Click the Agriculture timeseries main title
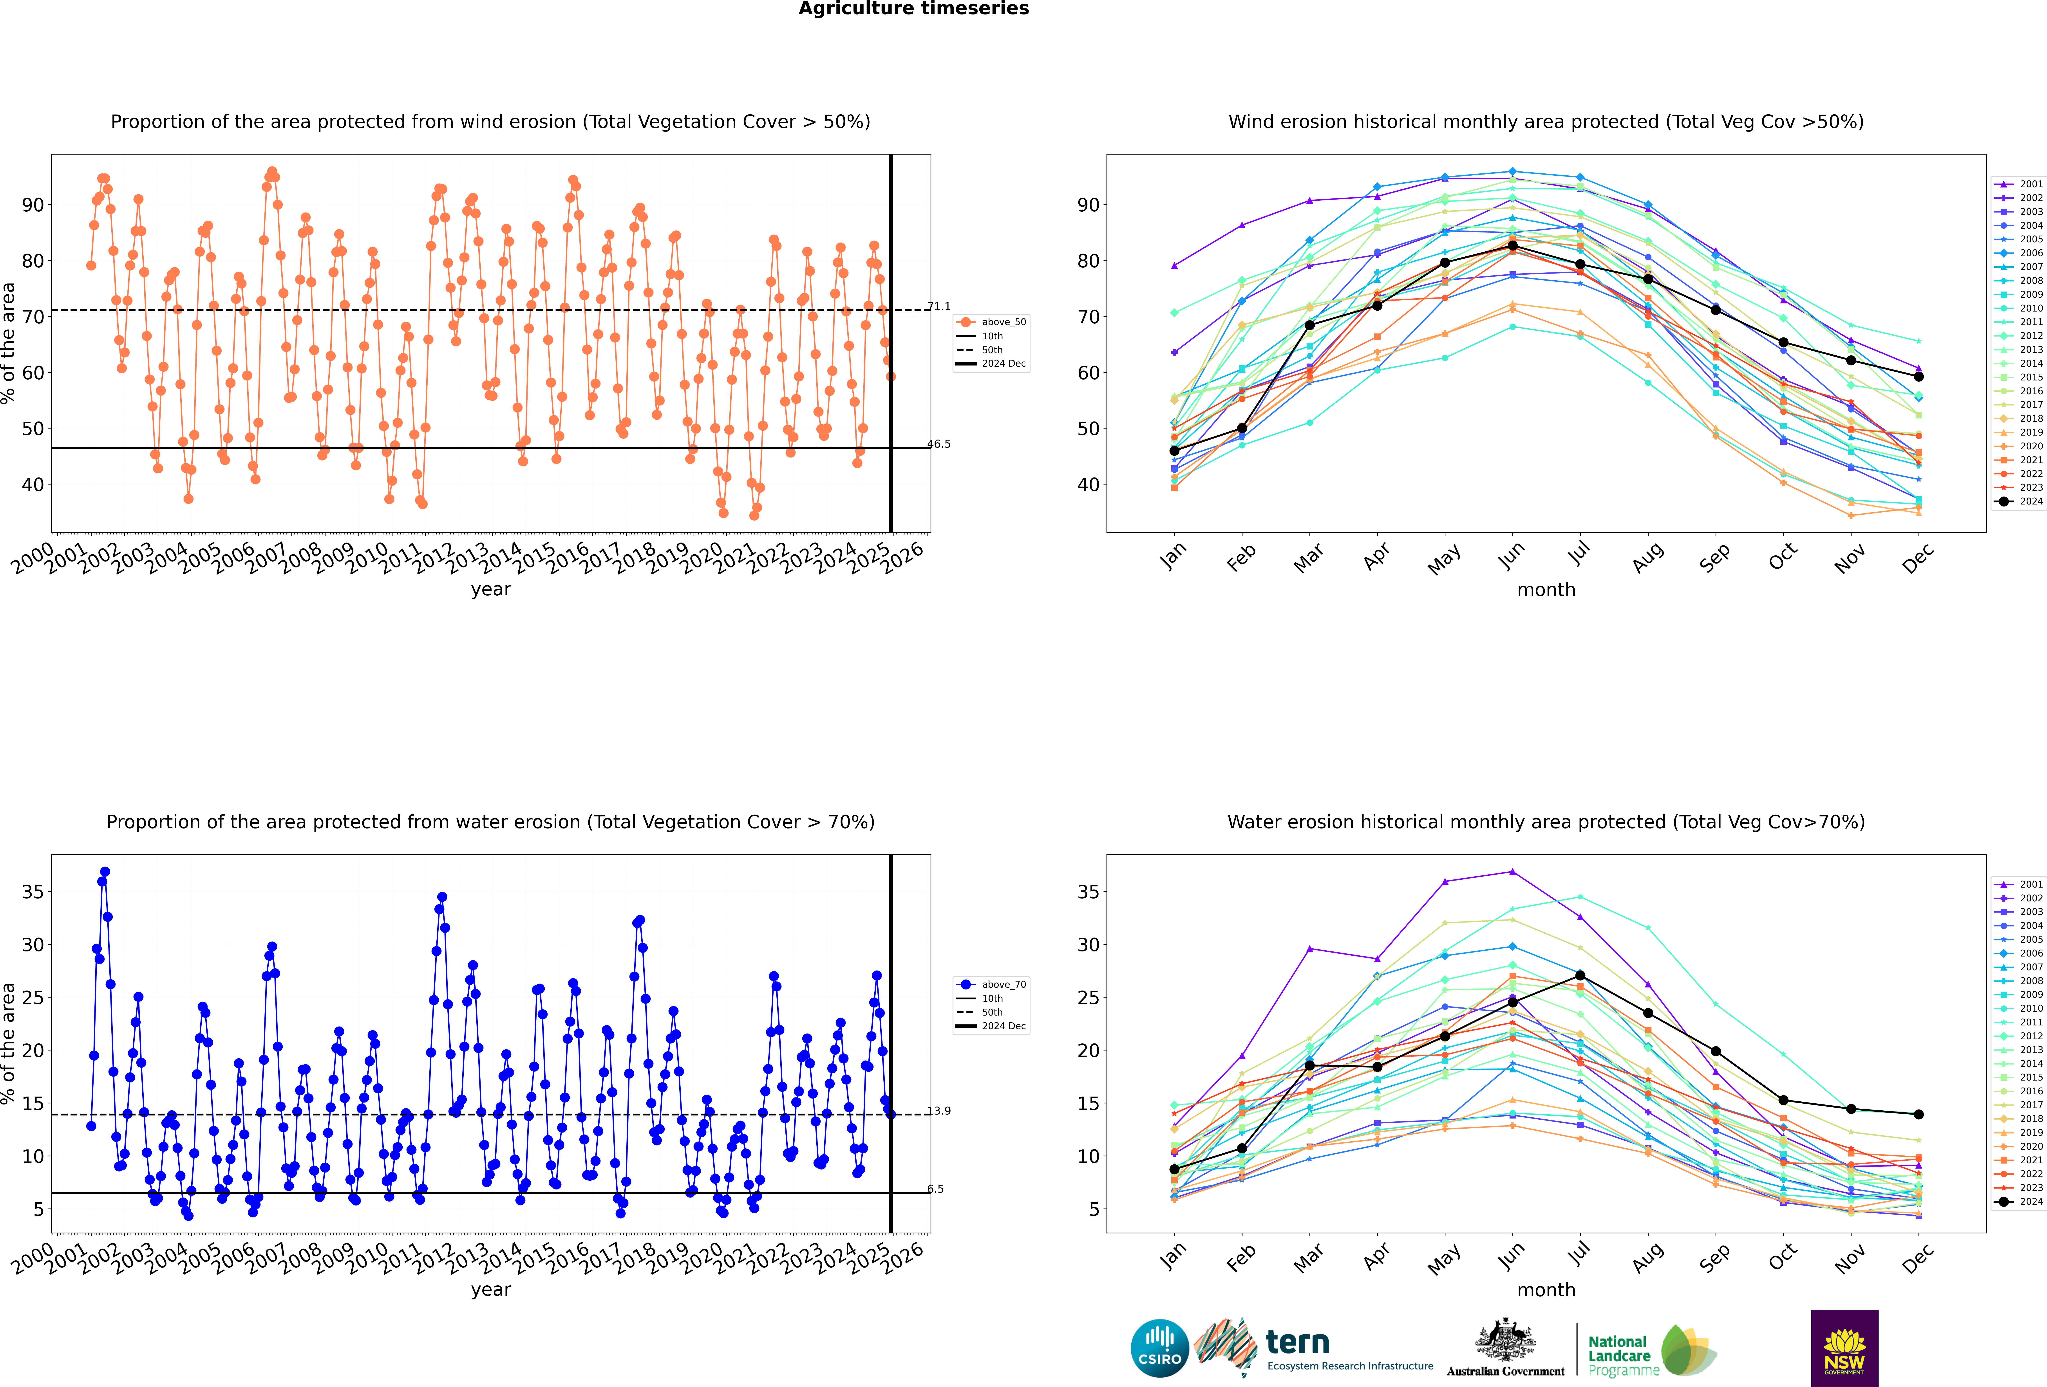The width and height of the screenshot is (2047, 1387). point(913,9)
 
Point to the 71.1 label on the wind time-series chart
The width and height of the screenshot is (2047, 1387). point(939,306)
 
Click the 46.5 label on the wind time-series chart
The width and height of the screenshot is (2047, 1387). point(939,444)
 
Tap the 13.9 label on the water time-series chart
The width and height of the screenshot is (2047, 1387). point(939,1110)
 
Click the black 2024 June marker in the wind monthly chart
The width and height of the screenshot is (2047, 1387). point(1512,246)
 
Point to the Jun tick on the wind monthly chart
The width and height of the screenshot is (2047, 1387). point(1511,555)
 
